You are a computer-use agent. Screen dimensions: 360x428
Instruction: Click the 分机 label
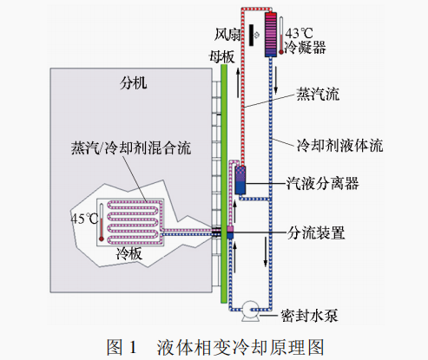pyautogui.click(x=134, y=84)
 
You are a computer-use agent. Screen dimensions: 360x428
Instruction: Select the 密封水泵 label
pyautogui.click(x=309, y=314)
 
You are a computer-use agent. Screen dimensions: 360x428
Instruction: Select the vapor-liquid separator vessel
pyautogui.click(x=241, y=180)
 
